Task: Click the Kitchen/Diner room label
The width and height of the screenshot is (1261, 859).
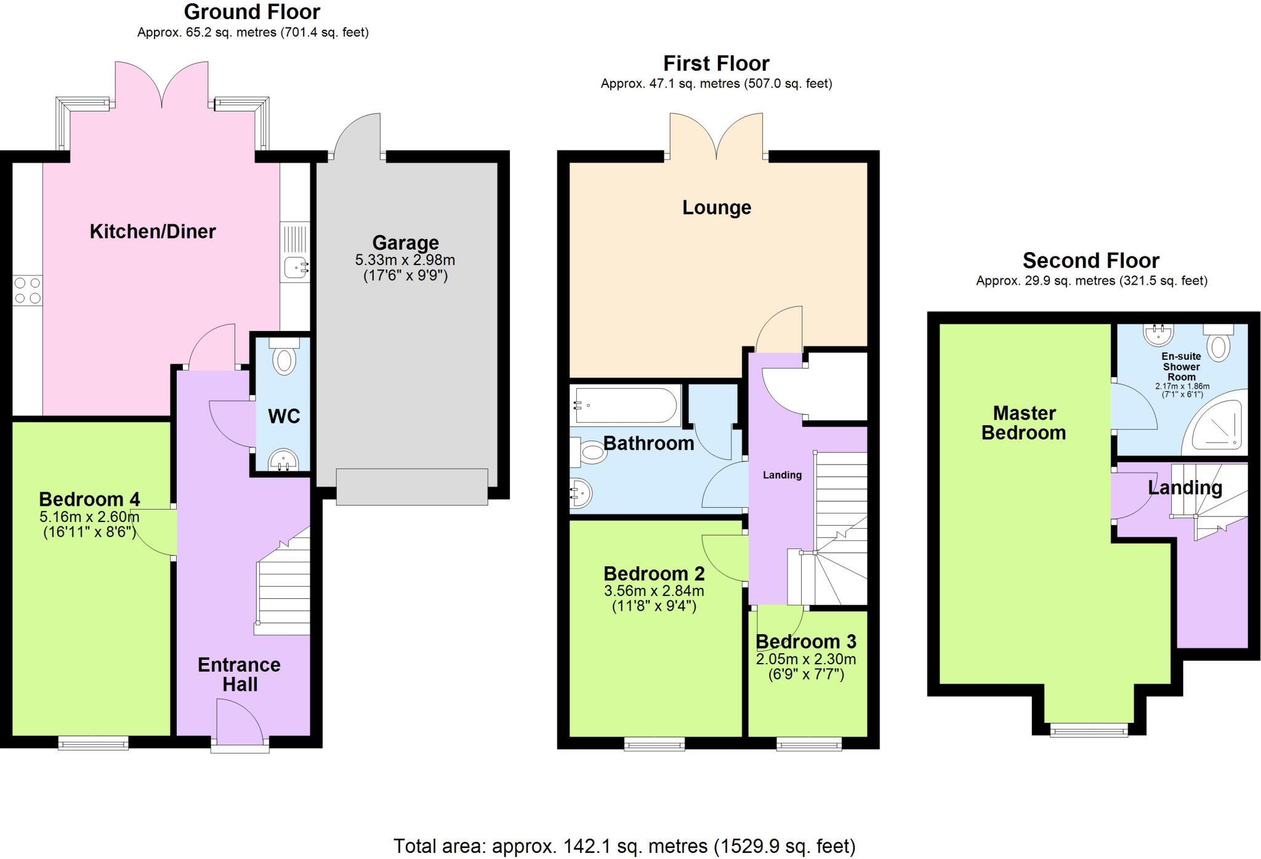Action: (x=153, y=232)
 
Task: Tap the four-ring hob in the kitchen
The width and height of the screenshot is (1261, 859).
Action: (x=28, y=290)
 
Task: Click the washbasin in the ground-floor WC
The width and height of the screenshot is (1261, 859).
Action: (x=283, y=460)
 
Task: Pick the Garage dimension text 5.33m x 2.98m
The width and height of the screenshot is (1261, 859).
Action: (x=405, y=259)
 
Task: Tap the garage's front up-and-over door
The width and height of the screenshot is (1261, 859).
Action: (x=412, y=487)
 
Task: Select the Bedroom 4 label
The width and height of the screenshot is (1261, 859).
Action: (x=89, y=499)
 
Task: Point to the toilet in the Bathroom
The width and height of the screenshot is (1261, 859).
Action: (x=590, y=453)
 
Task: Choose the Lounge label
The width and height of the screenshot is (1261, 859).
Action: (x=717, y=208)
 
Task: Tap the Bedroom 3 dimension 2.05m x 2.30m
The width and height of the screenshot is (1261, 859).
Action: (x=806, y=659)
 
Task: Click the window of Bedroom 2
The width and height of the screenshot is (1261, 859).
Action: (x=654, y=744)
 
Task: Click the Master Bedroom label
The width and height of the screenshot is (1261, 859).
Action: (x=1023, y=423)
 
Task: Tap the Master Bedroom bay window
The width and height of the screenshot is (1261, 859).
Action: (x=1089, y=731)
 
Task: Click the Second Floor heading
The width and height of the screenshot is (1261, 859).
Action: (x=1091, y=261)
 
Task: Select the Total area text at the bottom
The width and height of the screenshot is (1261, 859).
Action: (x=624, y=846)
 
